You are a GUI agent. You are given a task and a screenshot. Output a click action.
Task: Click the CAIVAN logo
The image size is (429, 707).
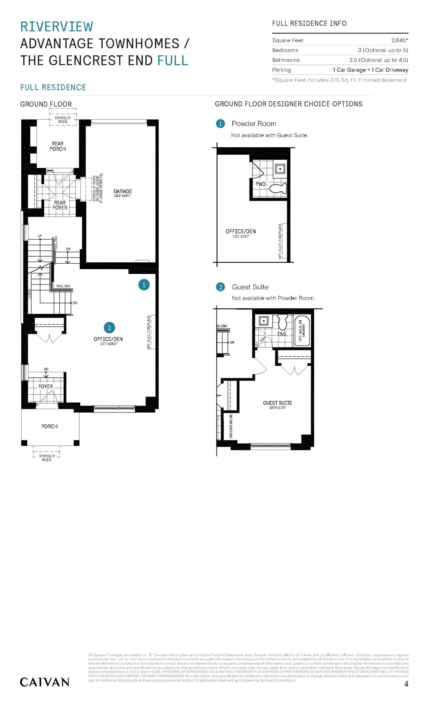44,682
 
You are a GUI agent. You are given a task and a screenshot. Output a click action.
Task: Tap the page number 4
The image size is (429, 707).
406,684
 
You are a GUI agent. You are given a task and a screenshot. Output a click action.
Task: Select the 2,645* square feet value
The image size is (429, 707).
399,40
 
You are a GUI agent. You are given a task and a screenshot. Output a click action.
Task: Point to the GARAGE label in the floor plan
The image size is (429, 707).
123,191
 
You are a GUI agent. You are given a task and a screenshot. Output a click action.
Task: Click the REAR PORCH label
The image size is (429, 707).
57,146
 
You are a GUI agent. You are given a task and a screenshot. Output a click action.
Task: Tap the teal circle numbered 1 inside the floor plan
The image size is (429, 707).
144,285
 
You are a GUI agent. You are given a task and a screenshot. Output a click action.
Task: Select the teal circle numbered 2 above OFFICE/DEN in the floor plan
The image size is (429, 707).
109,328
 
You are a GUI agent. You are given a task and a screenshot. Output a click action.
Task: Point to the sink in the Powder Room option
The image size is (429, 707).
280,169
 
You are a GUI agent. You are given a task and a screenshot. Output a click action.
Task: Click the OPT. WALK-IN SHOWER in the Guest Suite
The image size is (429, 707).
302,331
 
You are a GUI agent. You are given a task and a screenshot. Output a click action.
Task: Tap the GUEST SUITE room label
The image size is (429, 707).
277,403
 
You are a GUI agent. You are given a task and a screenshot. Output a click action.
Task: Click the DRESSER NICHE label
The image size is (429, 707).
231,426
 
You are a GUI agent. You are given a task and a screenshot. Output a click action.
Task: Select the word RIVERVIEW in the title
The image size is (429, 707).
57,27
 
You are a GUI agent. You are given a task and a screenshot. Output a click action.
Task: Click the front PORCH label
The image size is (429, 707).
49,426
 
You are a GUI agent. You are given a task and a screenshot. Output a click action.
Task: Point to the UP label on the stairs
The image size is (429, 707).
40,236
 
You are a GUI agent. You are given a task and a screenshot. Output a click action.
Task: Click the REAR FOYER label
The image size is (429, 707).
60,205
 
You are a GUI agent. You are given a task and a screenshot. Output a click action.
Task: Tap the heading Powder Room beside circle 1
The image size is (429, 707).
254,124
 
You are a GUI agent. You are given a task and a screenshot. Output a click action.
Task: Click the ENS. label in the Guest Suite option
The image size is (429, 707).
282,334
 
